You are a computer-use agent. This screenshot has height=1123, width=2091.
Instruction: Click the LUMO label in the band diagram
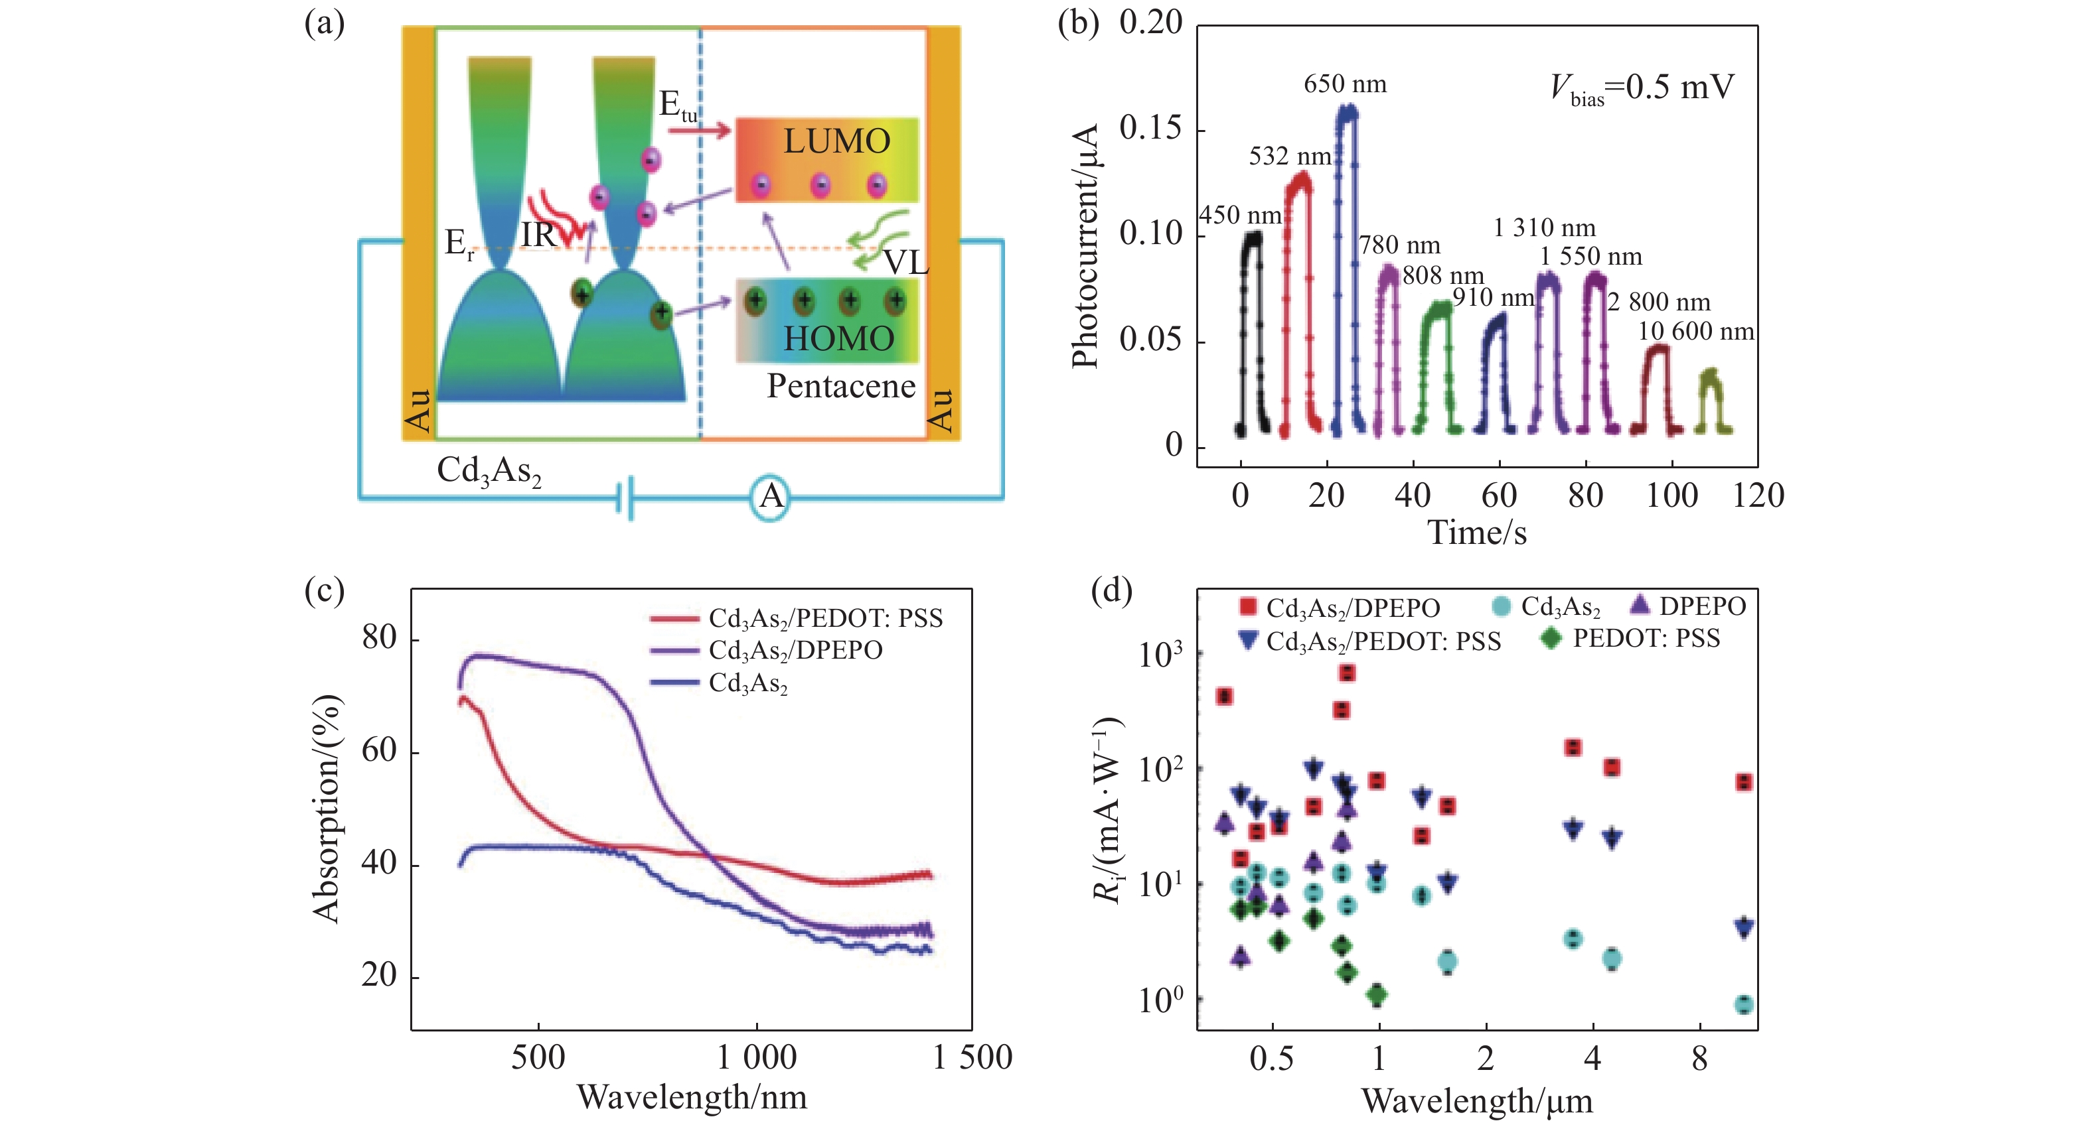(836, 142)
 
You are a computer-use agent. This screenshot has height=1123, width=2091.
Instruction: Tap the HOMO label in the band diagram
(838, 338)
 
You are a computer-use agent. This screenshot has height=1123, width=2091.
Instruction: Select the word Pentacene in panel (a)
(841, 386)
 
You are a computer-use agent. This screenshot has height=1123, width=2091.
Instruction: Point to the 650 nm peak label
(1345, 84)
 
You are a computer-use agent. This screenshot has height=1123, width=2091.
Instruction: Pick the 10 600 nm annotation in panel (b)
(1695, 332)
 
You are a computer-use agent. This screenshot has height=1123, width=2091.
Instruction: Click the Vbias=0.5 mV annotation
(1642, 88)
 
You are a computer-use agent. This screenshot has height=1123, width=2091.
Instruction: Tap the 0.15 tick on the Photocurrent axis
(1150, 128)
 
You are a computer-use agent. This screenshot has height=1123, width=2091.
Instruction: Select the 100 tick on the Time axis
(1671, 495)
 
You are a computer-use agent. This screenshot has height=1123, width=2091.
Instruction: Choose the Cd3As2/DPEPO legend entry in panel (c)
(795, 651)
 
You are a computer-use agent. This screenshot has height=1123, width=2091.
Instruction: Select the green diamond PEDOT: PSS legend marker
(1551, 639)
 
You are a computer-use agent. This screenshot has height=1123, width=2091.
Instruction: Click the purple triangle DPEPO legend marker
(1640, 606)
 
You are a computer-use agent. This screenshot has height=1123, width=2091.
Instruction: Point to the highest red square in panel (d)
(1348, 673)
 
